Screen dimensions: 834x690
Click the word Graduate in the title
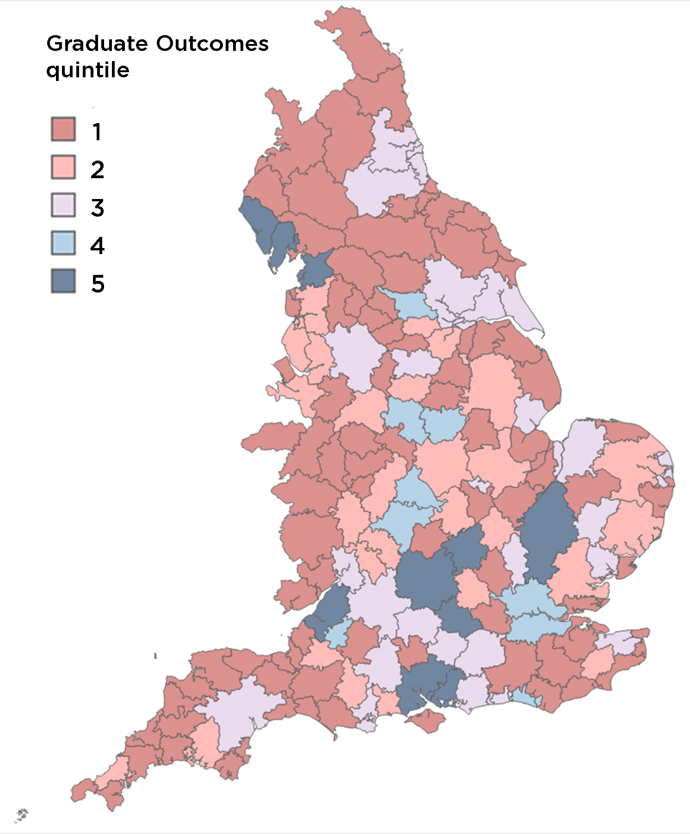(x=97, y=44)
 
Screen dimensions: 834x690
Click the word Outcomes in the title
(x=212, y=44)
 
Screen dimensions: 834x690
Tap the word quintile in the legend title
(x=87, y=70)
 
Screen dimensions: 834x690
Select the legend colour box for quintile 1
(x=63, y=129)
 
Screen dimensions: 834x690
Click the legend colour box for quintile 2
(x=63, y=167)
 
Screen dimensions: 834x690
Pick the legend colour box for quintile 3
(x=63, y=205)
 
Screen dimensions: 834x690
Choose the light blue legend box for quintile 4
(x=63, y=243)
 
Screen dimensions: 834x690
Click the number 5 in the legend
(x=98, y=284)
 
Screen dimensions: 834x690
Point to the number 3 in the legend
(x=97, y=208)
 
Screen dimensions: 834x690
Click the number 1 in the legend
(x=97, y=132)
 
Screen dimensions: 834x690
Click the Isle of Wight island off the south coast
(x=428, y=721)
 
